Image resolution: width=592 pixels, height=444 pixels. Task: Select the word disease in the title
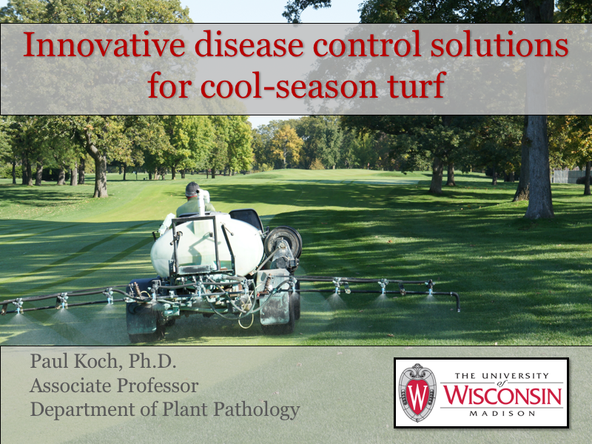pyautogui.click(x=238, y=46)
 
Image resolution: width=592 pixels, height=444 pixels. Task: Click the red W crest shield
pyautogui.click(x=417, y=392)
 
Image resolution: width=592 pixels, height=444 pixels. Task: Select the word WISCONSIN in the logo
pyautogui.click(x=502, y=394)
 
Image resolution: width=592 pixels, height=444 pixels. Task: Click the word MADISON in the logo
pyautogui.click(x=502, y=413)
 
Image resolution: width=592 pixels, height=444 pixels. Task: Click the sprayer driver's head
pyautogui.click(x=192, y=190)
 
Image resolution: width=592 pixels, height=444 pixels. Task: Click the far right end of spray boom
pyautogui.click(x=457, y=302)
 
